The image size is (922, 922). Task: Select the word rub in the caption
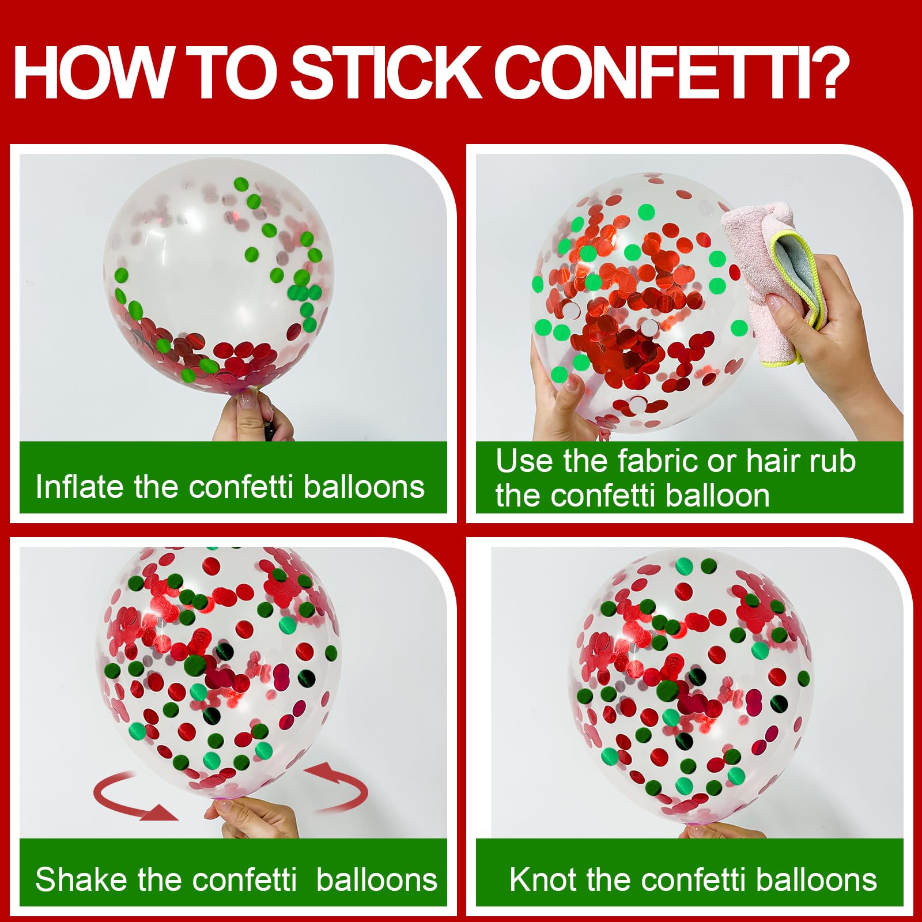pos(832,461)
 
